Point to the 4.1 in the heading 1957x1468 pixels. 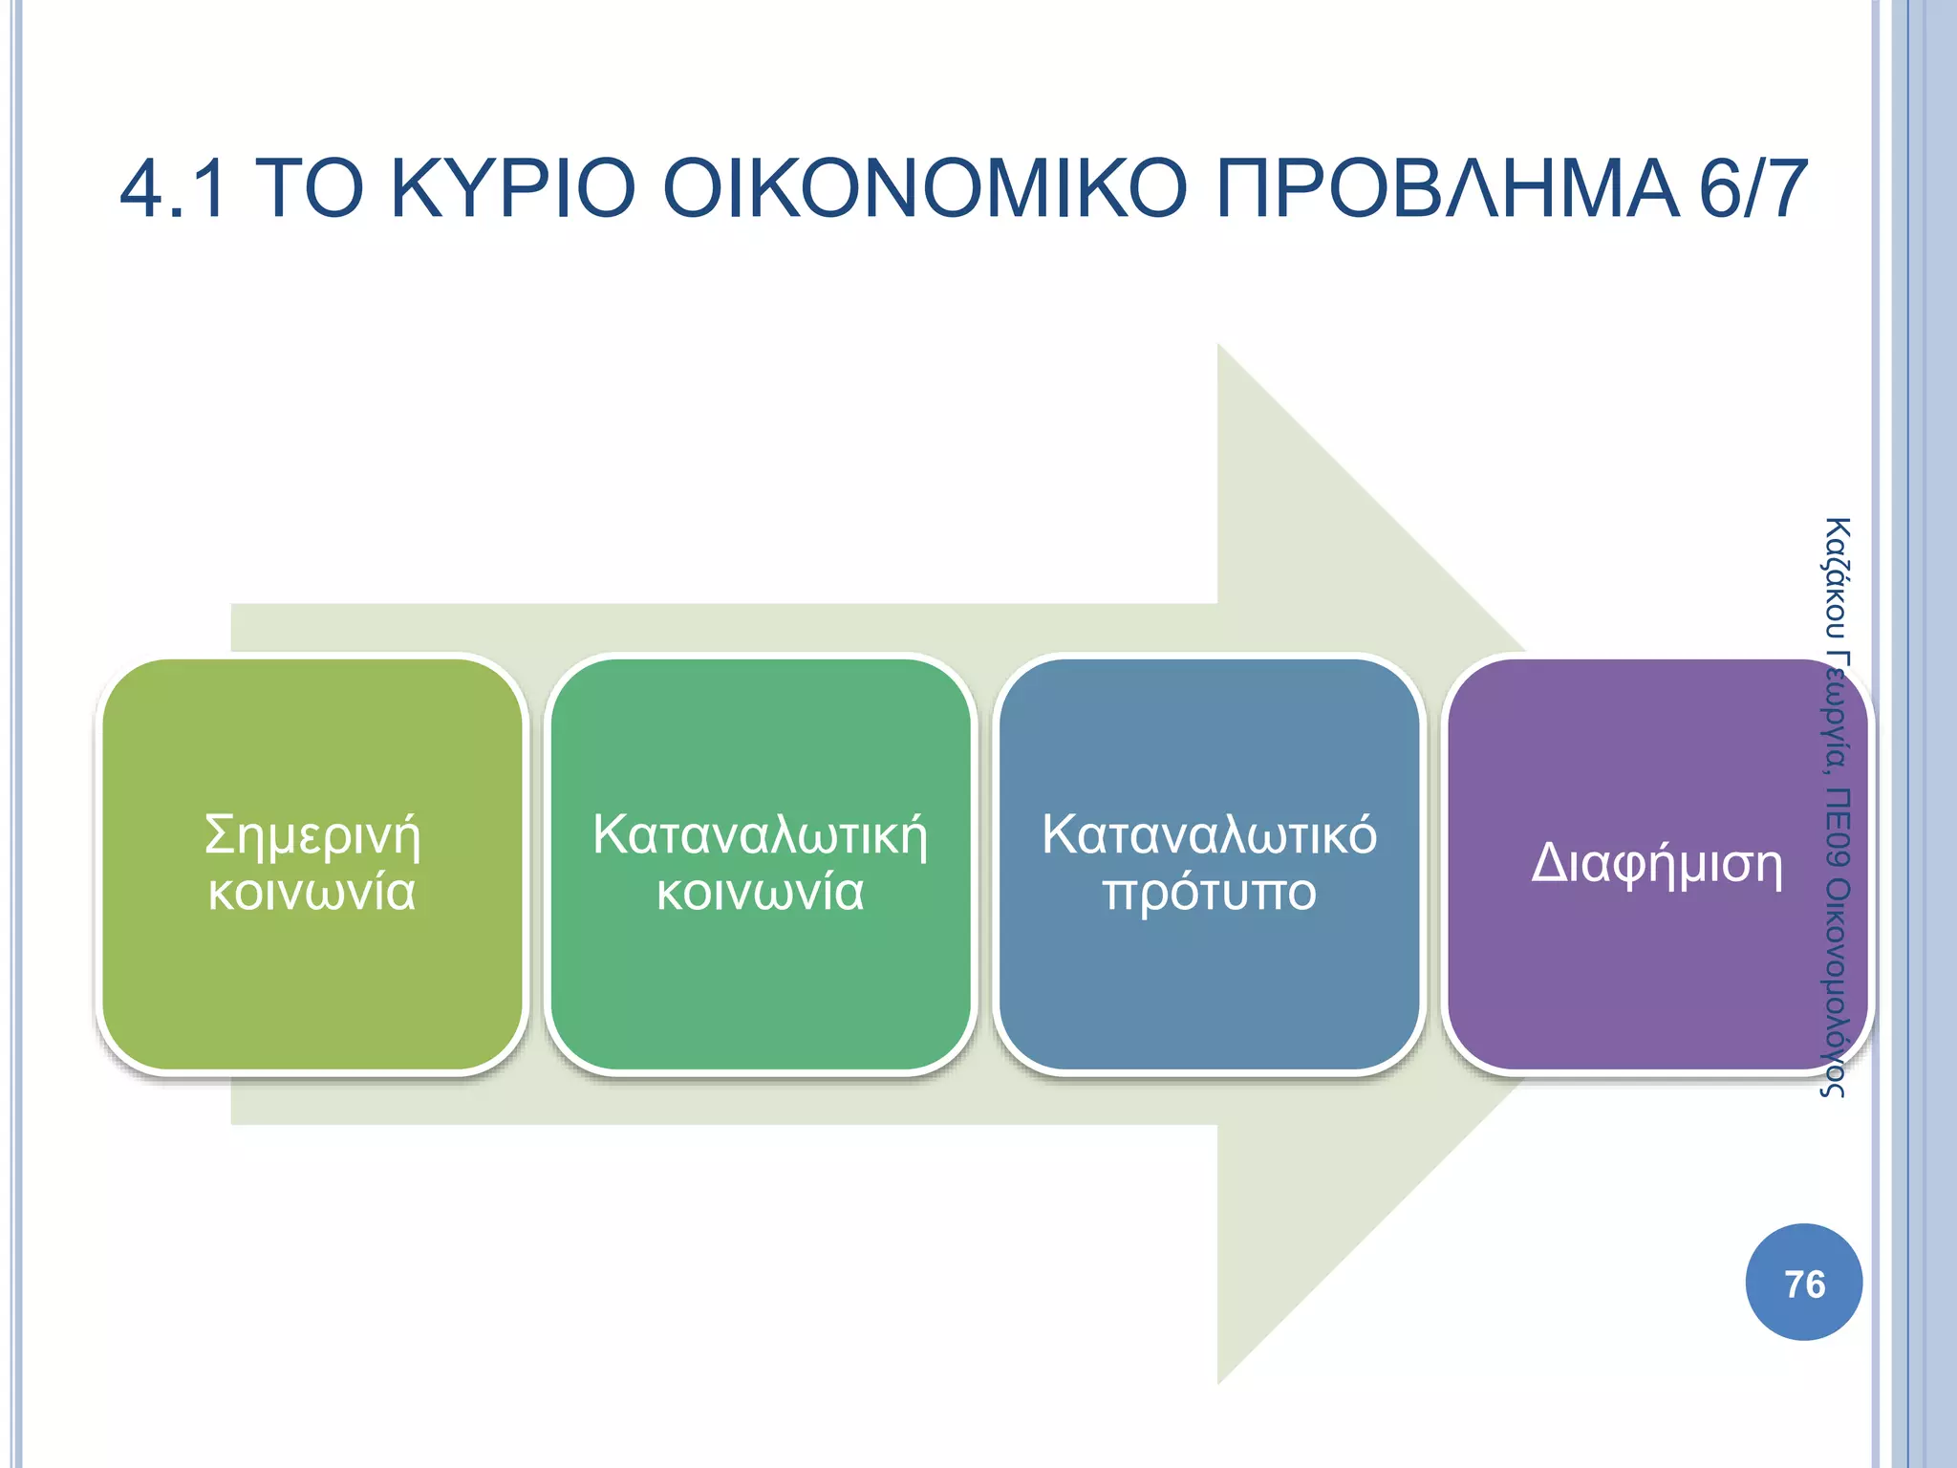tap(173, 188)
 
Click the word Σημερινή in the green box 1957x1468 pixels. tap(312, 835)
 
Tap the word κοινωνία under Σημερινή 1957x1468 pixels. tap(312, 893)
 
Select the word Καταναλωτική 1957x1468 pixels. tap(760, 835)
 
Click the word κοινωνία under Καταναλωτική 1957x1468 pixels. tap(760, 893)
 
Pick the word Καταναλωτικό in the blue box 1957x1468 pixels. tap(1209, 835)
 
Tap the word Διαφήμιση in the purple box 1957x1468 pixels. tap(1656, 865)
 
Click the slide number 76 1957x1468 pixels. tap(1803, 1284)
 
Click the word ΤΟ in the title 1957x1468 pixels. tap(312, 188)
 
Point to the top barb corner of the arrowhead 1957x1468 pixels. tap(1218, 346)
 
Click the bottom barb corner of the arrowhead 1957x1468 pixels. tap(1218, 1382)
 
